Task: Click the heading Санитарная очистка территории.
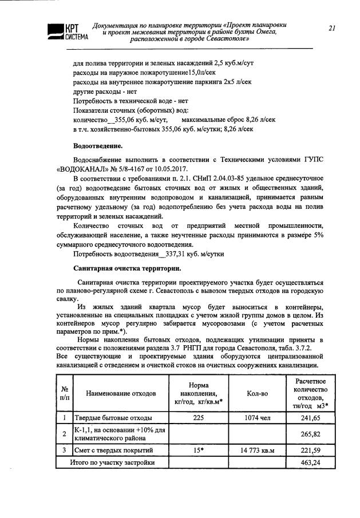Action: coord(128,268)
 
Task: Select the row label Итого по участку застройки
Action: coord(112,462)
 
